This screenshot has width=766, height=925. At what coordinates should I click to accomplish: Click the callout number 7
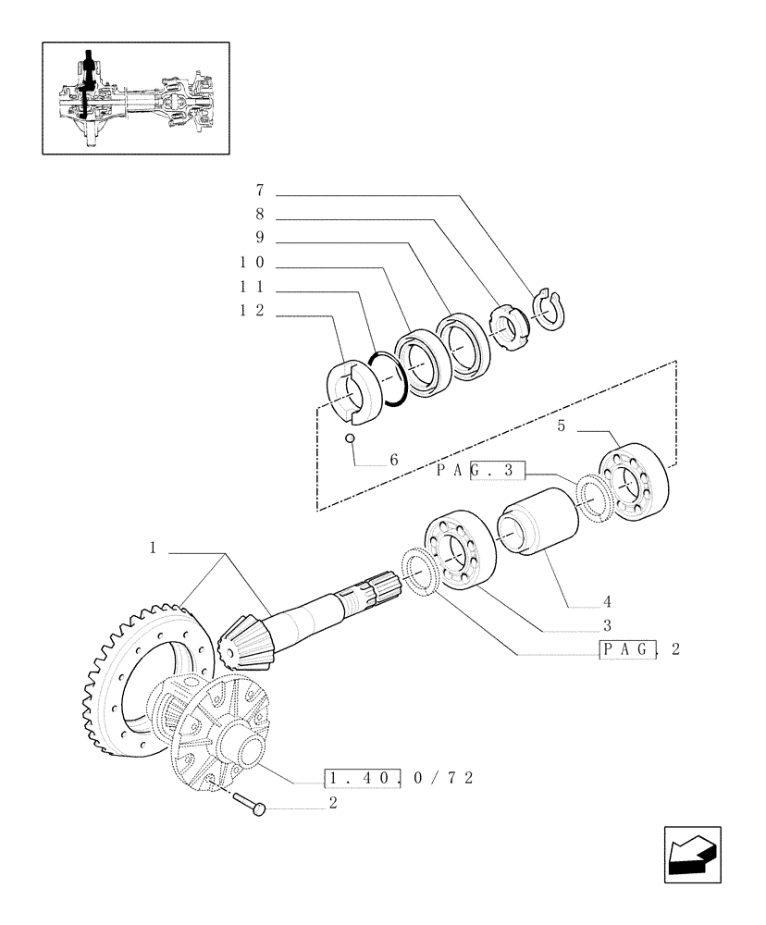tap(261, 191)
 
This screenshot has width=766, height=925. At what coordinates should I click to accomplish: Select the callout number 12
tap(252, 312)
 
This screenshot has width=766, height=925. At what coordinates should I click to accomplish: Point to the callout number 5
tap(561, 426)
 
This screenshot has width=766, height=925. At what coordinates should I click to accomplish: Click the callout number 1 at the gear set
tap(152, 549)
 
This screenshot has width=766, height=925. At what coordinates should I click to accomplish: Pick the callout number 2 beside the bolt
tap(332, 803)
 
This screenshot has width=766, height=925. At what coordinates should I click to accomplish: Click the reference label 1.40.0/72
tap(398, 778)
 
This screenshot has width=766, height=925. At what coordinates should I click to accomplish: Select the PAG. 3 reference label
tap(480, 471)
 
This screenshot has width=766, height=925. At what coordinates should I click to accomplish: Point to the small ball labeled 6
tap(351, 438)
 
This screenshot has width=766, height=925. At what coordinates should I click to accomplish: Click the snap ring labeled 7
tap(551, 308)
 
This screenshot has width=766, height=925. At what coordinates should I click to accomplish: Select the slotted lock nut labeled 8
tap(508, 325)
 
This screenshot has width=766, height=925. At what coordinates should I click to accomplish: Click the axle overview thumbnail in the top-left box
tap(135, 96)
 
